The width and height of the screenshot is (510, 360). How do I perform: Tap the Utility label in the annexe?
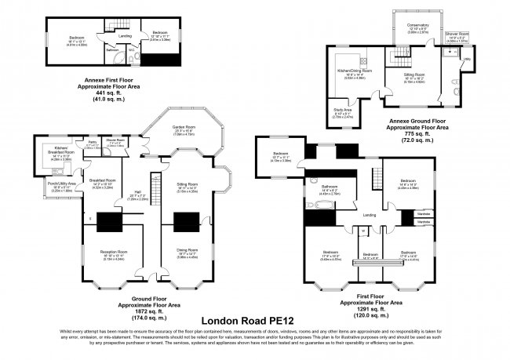[x=465, y=59]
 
